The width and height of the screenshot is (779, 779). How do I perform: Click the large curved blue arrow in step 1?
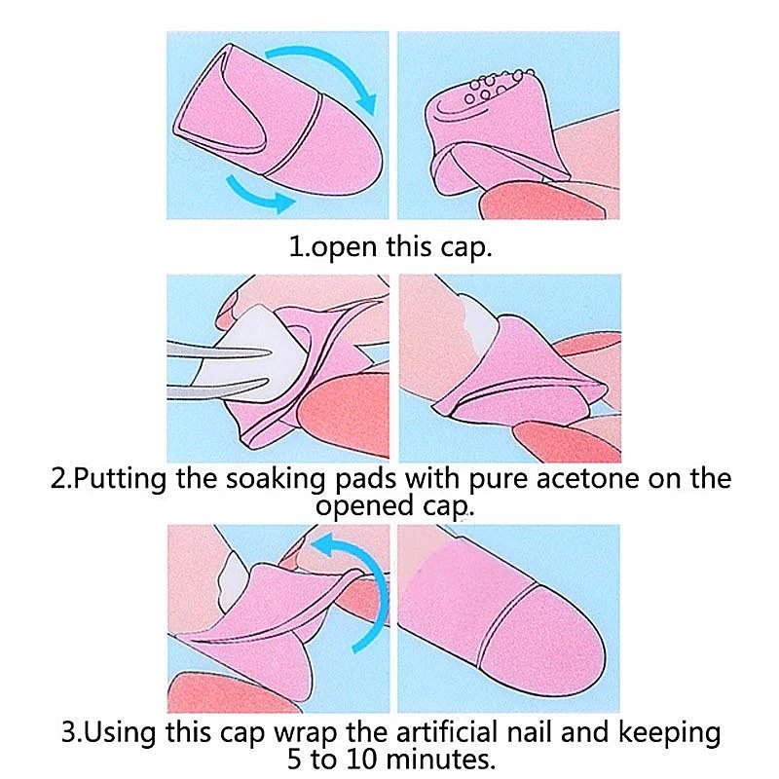(324, 68)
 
